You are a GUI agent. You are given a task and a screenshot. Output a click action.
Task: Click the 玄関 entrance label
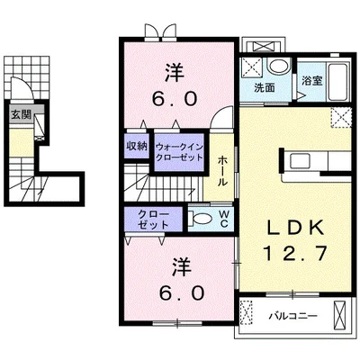pos(21,114)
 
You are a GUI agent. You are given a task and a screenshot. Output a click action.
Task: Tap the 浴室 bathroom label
pos(312,81)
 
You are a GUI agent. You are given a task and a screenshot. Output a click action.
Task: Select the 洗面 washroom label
pos(265,87)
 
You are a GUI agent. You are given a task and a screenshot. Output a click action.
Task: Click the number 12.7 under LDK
pos(295,254)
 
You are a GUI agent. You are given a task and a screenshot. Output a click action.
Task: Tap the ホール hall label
pos(222,170)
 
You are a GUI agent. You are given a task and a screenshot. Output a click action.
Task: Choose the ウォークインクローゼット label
pos(179,152)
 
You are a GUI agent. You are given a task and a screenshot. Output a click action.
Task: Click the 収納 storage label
pos(137,146)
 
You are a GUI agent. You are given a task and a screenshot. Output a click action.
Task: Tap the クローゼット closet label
pos(153,220)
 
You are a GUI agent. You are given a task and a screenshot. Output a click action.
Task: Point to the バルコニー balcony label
pos(292,316)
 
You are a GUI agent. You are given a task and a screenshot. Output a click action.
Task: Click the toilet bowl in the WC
pos(200,219)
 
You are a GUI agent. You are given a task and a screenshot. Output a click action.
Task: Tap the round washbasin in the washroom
pos(278,66)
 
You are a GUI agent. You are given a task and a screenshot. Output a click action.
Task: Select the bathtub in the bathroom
pos(337,82)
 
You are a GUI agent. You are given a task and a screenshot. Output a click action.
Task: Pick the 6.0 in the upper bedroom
pos(175,99)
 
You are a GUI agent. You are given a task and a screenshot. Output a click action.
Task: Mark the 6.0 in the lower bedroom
pos(182,293)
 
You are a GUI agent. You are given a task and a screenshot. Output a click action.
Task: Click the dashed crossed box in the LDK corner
pos(341,118)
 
